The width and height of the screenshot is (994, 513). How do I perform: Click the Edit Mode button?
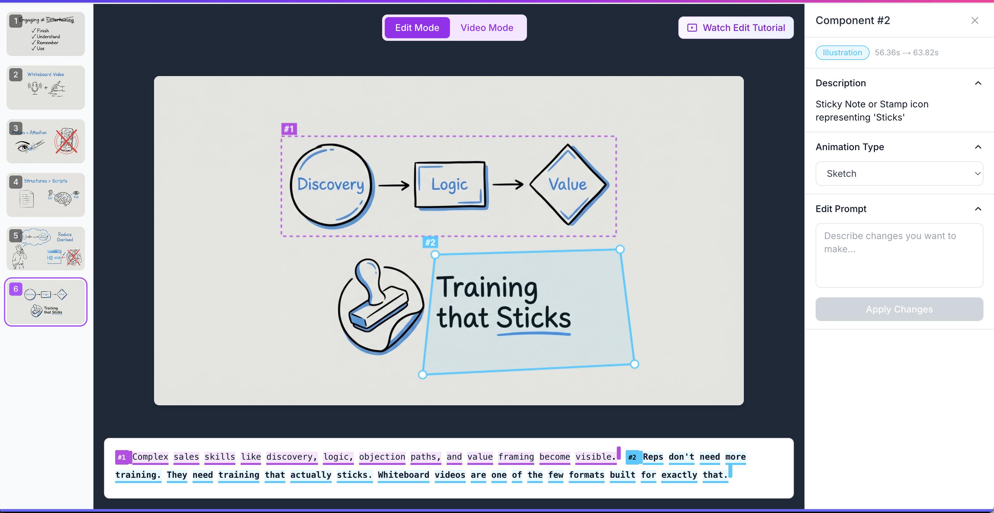417,28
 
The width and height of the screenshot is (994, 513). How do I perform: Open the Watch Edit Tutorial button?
736,28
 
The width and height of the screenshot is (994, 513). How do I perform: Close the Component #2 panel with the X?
974,20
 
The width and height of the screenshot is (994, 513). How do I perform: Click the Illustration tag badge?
842,52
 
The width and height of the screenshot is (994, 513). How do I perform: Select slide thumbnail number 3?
45,141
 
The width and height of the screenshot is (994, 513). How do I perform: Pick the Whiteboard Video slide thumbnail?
45,87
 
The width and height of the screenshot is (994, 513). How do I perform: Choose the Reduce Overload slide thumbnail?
45,248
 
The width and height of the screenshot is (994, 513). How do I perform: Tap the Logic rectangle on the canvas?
450,185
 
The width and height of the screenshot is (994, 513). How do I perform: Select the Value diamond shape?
568,184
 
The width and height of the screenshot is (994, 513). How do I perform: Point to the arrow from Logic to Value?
508,185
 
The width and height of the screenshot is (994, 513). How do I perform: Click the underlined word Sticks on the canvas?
533,318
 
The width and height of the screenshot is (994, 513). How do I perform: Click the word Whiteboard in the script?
403,475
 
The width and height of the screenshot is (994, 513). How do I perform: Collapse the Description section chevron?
978,83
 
